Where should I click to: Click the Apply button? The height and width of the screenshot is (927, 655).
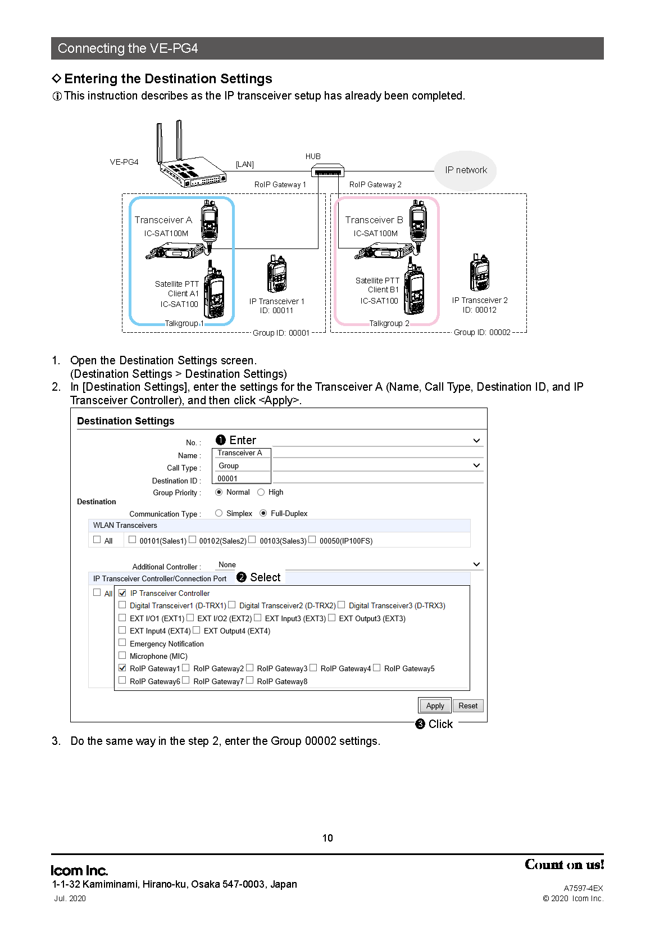pyautogui.click(x=434, y=706)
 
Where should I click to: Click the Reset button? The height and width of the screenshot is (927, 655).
pyautogui.click(x=467, y=706)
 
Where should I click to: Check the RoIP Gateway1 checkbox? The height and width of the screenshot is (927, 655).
pyautogui.click(x=122, y=668)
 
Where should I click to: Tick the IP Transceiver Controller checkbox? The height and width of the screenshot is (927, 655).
pyautogui.click(x=122, y=593)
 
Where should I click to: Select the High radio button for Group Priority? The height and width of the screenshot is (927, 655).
pyautogui.click(x=261, y=492)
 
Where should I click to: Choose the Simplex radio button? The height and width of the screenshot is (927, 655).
pyautogui.click(x=219, y=513)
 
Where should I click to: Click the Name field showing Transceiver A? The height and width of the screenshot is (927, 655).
pyautogui.click(x=241, y=453)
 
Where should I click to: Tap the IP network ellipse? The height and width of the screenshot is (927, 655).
pyautogui.click(x=465, y=170)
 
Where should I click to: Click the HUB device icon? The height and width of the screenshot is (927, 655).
pyautogui.click(x=327, y=170)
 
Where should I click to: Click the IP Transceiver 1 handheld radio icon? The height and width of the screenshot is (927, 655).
pyautogui.click(x=276, y=274)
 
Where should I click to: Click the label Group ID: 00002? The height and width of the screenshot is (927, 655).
pyautogui.click(x=481, y=332)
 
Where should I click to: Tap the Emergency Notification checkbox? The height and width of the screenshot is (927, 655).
pyautogui.click(x=122, y=643)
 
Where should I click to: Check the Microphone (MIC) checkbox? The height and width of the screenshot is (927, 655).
pyautogui.click(x=122, y=655)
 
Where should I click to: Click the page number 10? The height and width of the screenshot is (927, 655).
pyautogui.click(x=327, y=838)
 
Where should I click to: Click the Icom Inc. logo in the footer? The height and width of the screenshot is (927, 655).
pyautogui.click(x=79, y=870)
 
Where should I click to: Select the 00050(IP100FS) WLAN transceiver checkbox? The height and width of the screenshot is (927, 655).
pyautogui.click(x=312, y=539)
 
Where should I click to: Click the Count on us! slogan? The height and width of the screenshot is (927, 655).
pyautogui.click(x=564, y=865)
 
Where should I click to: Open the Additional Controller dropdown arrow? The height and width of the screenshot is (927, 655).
pyautogui.click(x=476, y=564)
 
